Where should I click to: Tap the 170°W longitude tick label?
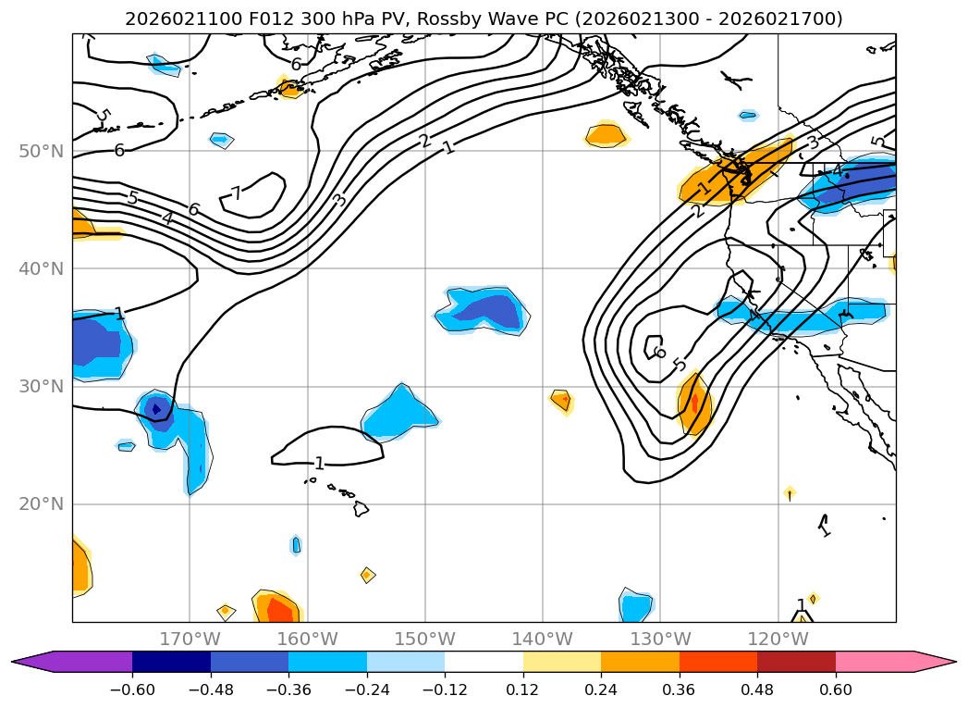click(x=190, y=639)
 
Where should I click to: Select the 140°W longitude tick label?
click(x=543, y=639)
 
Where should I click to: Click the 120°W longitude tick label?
click(x=778, y=639)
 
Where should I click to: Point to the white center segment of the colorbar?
click(x=484, y=661)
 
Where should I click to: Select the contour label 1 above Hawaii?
click(x=319, y=463)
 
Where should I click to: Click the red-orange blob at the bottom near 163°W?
click(x=276, y=609)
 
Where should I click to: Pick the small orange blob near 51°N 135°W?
click(x=607, y=135)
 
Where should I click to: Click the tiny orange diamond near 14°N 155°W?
click(x=367, y=575)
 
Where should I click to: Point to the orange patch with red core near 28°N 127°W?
click(x=695, y=404)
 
